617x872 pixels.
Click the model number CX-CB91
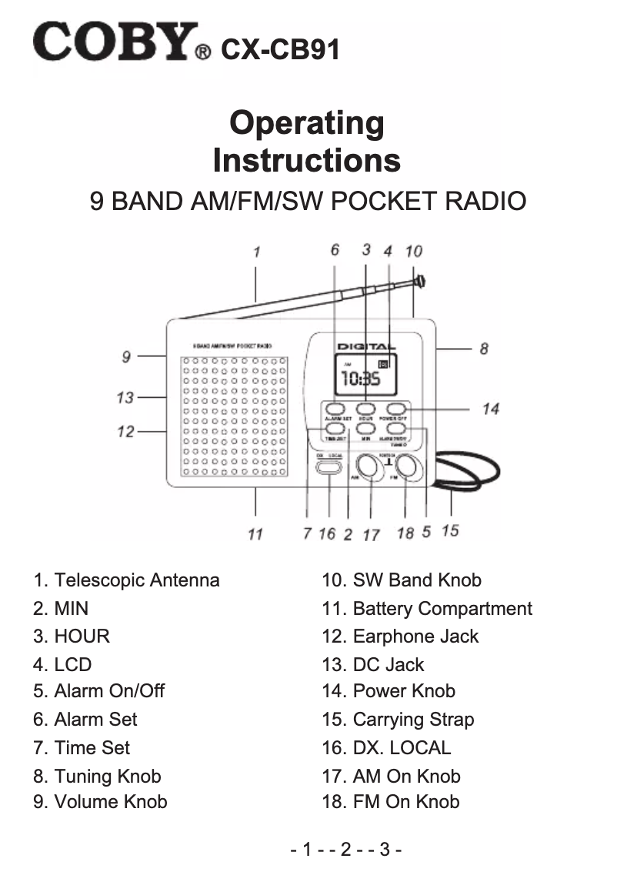pos(280,50)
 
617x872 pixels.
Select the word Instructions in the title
pos(306,161)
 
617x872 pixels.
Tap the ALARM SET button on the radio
pos(333,409)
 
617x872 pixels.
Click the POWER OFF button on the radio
pos(395,409)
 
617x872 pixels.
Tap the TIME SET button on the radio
pos(333,429)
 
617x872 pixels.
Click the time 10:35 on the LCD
pos(360,379)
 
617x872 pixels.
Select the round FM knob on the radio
pos(409,467)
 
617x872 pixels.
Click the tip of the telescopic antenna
pos(421,281)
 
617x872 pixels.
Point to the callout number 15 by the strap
pos(450,530)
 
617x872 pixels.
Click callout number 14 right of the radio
pos(491,409)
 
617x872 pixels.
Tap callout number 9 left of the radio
pos(126,356)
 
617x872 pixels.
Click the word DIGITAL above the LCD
pos(366,348)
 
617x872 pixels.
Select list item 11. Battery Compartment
pos(427,609)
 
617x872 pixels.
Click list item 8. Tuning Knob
pos(97,776)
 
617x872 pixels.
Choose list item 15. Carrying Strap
pos(398,720)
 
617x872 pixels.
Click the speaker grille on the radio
pos(234,416)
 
